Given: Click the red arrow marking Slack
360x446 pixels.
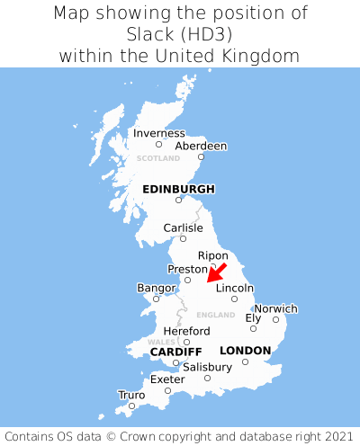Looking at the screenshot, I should [217, 273].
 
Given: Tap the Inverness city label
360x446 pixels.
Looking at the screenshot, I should [158, 133].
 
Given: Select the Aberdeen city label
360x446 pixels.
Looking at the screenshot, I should [201, 146].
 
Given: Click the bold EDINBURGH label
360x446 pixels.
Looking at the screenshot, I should [178, 189].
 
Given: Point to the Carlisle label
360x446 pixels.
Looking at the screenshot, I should [183, 227].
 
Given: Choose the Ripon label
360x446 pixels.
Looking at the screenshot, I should [212, 255].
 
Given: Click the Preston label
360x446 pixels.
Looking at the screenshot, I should [187, 269].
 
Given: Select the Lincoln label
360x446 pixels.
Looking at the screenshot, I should [235, 288].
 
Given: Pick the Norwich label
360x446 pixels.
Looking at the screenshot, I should [275, 308].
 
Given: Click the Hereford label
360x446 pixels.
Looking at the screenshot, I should [186, 331].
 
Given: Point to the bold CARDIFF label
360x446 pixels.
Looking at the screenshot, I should [175, 351].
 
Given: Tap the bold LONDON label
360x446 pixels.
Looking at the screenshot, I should [245, 350].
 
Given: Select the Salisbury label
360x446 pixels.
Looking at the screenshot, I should [207, 367].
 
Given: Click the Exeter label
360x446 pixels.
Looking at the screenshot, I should [167, 379].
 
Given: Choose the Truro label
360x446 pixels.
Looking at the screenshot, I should [131, 395].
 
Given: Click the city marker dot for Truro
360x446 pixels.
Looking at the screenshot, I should [131, 406].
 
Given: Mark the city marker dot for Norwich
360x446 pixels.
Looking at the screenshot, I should [275, 319].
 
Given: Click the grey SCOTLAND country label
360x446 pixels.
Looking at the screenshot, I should [158, 158].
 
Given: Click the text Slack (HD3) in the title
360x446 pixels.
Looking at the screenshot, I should [180, 34].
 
